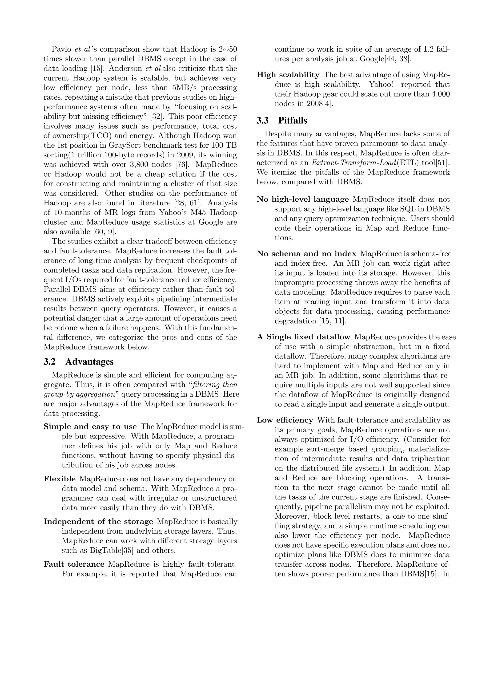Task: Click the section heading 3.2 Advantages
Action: coord(78,361)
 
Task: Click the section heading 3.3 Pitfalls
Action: coord(282,120)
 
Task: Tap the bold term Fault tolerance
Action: coord(74,564)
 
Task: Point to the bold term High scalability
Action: coord(288,75)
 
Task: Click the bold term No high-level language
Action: coord(302,199)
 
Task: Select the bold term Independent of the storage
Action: coord(98,522)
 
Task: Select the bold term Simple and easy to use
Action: coord(90,426)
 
